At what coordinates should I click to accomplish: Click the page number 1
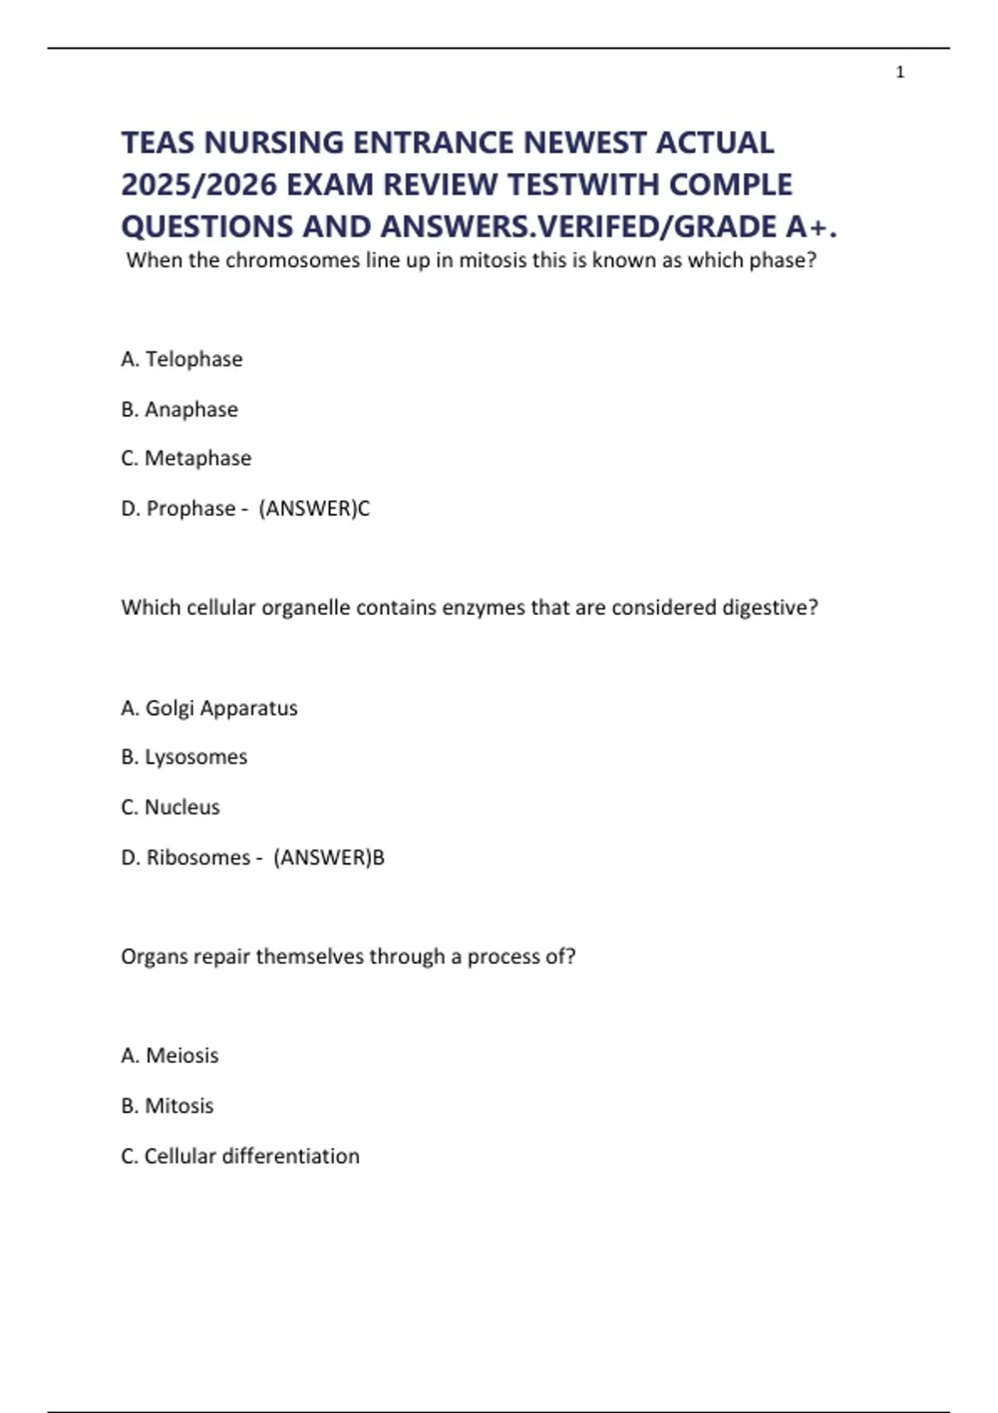click(x=900, y=72)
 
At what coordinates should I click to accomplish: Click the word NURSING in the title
click(x=274, y=143)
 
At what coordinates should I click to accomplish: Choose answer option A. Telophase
click(x=181, y=359)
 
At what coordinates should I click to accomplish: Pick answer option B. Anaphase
click(x=179, y=409)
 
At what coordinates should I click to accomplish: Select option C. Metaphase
click(x=185, y=458)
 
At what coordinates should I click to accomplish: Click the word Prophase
click(x=190, y=508)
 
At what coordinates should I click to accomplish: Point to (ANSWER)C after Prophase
click(x=314, y=508)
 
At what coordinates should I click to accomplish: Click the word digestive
click(x=769, y=608)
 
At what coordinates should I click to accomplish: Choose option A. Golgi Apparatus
click(x=209, y=708)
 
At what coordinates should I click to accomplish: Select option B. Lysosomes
click(x=184, y=757)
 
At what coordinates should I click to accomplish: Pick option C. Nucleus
click(x=170, y=807)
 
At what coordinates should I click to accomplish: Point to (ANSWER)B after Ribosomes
click(x=329, y=857)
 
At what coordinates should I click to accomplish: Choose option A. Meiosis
click(x=170, y=1056)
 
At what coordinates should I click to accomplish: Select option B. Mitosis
click(x=167, y=1106)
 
